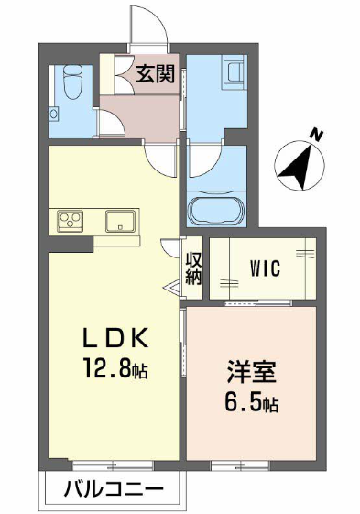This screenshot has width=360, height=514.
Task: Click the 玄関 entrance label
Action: (x=155, y=74)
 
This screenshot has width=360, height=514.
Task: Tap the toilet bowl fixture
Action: (x=73, y=82)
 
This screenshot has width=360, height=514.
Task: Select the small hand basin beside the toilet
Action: (x=54, y=115)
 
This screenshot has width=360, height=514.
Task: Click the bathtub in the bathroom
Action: (x=216, y=210)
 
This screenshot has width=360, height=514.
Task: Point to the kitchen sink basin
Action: (x=120, y=222)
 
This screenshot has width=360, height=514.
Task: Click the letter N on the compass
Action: (x=317, y=135)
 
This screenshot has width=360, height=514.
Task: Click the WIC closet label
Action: (x=266, y=268)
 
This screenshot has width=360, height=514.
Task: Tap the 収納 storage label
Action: (x=193, y=268)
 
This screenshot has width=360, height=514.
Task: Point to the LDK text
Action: (x=115, y=338)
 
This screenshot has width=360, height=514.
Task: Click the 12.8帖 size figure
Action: (x=115, y=368)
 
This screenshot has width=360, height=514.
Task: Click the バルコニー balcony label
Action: (x=114, y=490)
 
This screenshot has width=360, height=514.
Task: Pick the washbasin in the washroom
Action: (x=234, y=71)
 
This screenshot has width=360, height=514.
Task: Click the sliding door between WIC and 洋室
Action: (x=257, y=303)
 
